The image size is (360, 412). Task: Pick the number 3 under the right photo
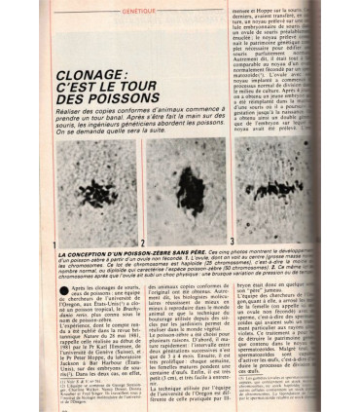point(232,239)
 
